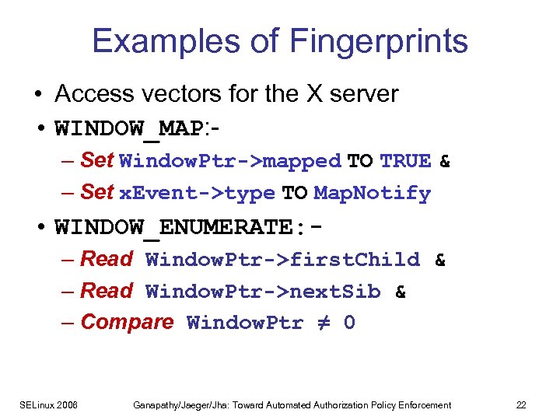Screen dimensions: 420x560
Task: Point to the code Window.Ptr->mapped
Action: coord(230,162)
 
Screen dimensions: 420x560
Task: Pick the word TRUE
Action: coord(405,161)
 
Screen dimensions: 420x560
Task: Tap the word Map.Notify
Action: coord(372,193)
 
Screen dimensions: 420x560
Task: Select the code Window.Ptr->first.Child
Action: coord(282,260)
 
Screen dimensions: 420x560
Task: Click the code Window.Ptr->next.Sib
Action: coord(263,292)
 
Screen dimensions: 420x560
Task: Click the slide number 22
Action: coord(520,405)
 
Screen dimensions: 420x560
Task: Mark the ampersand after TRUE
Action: coord(445,161)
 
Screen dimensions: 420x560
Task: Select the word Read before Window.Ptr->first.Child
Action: coord(107,259)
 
